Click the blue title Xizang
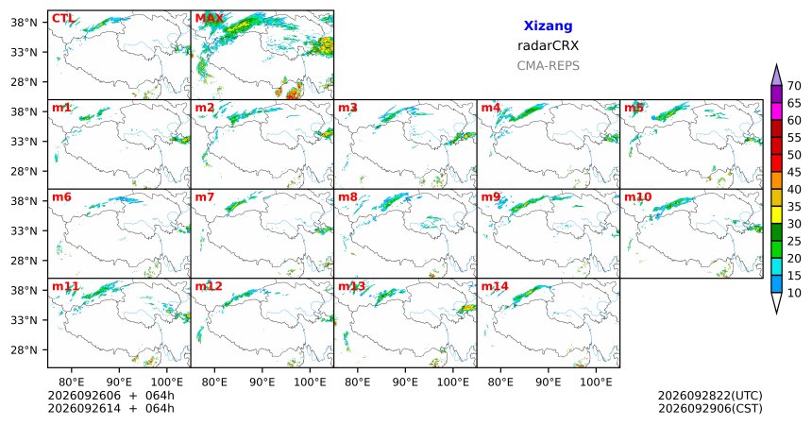click(x=548, y=25)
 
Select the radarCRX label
click(x=548, y=45)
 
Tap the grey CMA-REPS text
click(x=548, y=66)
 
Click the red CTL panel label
click(x=62, y=19)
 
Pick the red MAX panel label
click(x=210, y=19)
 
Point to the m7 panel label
click(x=205, y=197)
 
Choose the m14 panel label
click(x=495, y=286)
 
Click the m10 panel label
click(x=638, y=197)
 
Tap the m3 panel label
click(x=347, y=108)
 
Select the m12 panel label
click(x=208, y=286)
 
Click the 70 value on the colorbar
click(x=794, y=86)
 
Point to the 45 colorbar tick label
click(x=794, y=172)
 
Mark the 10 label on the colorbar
click(x=794, y=293)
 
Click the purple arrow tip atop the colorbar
click(x=776, y=64)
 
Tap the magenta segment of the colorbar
click(x=776, y=111)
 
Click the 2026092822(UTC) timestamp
click(x=710, y=396)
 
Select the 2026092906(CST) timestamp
click(x=710, y=408)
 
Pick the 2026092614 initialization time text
click(x=84, y=408)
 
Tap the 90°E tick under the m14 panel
click(x=548, y=382)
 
